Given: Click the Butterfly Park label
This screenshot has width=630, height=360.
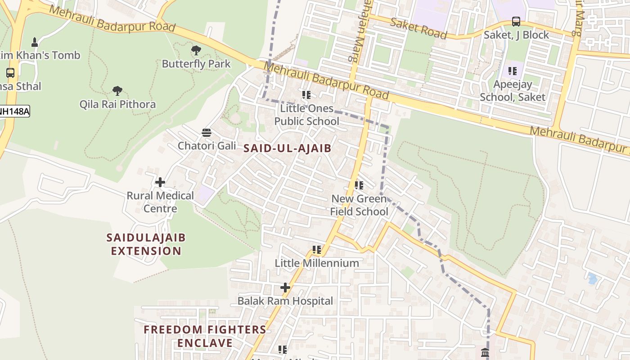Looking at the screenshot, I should point(196,64).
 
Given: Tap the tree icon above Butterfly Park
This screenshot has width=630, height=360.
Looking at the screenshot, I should point(196,50).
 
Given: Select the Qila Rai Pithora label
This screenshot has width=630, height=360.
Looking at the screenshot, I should point(117,104).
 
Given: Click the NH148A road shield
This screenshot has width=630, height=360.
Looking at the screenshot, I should point(14,111).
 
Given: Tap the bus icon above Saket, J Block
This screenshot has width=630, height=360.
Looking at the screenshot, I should point(516,22).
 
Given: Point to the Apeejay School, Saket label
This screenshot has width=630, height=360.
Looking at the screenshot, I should point(513,90).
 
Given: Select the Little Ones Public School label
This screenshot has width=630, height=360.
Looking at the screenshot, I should point(306,115).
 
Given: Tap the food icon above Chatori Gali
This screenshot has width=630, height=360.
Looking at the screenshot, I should point(207,132).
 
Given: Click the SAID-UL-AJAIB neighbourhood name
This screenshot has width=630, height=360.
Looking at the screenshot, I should point(287,148).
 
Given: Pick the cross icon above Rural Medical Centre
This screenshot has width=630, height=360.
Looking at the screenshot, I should point(160,182).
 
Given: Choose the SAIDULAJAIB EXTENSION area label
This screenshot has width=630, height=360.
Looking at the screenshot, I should point(146,244).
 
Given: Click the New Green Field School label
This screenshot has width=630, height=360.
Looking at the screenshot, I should point(359,205).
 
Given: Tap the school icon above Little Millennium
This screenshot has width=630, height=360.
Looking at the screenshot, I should point(317,249).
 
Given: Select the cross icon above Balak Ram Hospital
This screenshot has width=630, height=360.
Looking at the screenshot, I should point(285,287).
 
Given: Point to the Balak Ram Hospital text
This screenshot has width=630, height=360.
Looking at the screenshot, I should point(285,301).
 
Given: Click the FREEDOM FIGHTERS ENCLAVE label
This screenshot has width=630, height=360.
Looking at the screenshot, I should point(205,336).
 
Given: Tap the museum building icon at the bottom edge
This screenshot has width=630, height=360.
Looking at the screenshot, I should point(485,353).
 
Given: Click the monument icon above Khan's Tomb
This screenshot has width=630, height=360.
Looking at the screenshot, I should point(34,42).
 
